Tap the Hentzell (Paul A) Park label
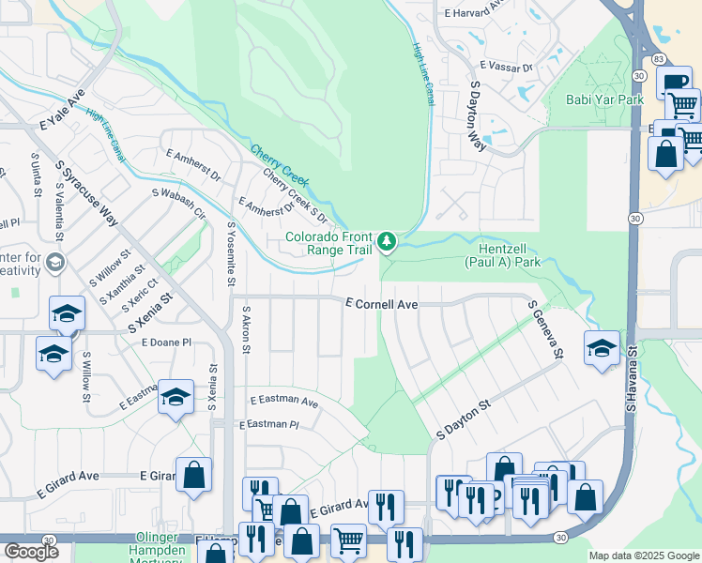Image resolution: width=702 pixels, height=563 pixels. [x=503, y=255]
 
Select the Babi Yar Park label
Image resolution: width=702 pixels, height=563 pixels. [x=603, y=99]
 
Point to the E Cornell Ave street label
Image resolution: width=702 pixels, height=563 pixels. [x=380, y=304]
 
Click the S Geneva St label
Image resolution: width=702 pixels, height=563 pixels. [x=544, y=329]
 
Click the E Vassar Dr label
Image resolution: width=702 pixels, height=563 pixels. [x=505, y=67]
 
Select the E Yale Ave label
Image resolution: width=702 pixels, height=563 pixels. [x=62, y=110]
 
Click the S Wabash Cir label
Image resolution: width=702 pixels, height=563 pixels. [x=178, y=201]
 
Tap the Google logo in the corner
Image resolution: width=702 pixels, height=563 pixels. [x=30, y=551]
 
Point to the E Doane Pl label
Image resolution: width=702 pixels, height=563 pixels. [x=166, y=343]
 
